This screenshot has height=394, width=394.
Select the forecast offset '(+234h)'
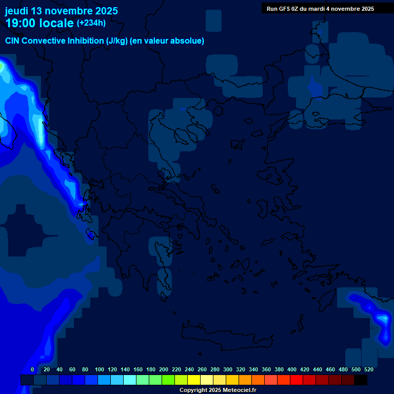91,23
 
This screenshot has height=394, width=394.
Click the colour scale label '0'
32,369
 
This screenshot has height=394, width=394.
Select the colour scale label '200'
164,369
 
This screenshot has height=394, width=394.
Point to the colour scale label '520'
368,369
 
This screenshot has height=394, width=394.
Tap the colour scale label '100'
100,369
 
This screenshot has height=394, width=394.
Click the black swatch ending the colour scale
361,380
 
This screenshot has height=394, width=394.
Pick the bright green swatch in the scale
168,380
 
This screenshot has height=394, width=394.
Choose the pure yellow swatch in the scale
194,380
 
